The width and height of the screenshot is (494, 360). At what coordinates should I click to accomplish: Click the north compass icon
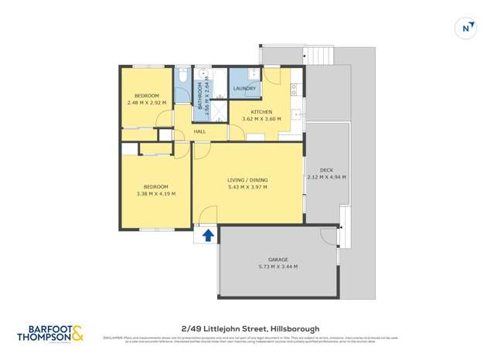pos(466,29)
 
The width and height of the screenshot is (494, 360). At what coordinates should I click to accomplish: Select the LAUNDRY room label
pos(244,89)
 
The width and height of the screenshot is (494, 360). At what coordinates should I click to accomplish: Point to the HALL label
pos(199,132)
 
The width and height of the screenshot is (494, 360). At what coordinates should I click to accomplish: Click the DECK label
pos(325,170)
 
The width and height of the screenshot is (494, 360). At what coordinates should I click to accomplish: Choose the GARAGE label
pos(278,260)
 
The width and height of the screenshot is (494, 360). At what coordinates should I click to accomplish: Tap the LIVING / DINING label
pos(247,179)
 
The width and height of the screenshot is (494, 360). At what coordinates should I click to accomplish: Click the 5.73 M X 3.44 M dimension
pos(278,267)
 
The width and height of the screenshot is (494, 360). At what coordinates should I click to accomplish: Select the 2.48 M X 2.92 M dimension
pos(146,102)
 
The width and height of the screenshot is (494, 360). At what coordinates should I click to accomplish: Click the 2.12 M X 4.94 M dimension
pos(325,177)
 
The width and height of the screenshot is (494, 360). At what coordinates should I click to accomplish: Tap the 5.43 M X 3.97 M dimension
pos(247,186)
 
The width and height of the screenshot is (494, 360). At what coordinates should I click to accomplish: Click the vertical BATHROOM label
pos(199,97)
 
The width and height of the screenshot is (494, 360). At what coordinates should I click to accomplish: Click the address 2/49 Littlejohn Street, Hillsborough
pos(247,328)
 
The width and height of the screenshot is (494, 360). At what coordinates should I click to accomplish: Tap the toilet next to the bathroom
pos(181,77)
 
